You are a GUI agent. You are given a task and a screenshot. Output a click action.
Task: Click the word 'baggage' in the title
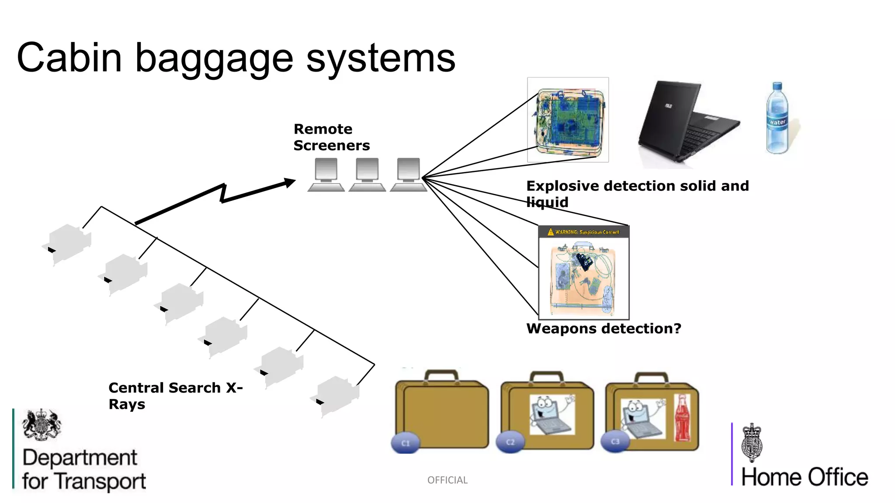coord(214,59)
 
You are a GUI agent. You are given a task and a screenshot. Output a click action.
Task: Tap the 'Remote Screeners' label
coord(331,137)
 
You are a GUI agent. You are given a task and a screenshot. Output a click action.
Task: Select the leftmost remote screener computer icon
coord(326,174)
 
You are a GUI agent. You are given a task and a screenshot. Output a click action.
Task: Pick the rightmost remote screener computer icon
coord(409,174)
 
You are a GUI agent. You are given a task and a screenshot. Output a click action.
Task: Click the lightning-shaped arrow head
coord(289,183)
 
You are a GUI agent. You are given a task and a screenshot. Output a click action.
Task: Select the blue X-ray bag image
coord(568,120)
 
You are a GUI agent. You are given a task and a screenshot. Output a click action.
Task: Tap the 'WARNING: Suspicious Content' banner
coord(584,232)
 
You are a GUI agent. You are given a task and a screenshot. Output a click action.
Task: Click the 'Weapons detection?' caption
coord(604,328)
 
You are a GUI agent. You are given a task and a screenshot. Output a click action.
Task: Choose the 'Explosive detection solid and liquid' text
coord(637,193)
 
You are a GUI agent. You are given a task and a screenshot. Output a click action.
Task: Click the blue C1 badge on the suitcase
coord(406,443)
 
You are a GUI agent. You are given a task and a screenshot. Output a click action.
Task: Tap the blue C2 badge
coord(510,442)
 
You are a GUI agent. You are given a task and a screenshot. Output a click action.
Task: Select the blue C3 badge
coord(615,441)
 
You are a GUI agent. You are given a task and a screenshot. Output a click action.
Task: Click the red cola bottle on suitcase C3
coord(682,418)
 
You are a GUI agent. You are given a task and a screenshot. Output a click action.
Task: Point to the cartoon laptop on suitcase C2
coord(552,415)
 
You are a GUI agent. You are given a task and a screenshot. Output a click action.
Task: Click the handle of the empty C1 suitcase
coord(441,376)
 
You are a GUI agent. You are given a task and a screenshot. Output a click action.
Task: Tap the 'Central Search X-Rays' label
coord(175,396)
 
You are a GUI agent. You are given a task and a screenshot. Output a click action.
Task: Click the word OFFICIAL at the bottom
coord(447,480)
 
